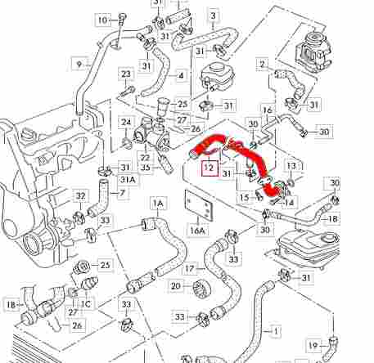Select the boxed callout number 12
210,168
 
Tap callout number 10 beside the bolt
103,20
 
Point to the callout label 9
79,65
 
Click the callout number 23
126,74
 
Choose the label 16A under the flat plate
198,231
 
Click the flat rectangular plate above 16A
198,204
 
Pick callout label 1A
158,203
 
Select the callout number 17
190,269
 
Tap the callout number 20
176,286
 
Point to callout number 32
80,196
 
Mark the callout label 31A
128,180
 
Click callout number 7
122,193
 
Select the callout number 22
145,157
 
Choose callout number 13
291,165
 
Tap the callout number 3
213,16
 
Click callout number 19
313,346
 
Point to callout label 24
126,122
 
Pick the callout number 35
146,168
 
